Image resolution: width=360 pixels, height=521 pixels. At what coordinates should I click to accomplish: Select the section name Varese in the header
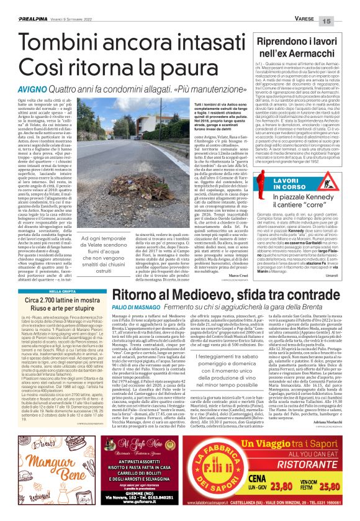click(x=309, y=4)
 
